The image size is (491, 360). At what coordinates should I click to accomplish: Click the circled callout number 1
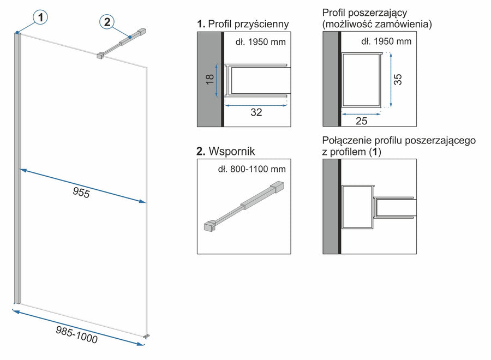(40, 17)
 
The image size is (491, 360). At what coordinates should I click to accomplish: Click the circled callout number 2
(107, 22)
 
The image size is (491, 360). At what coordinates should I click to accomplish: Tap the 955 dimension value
(81, 192)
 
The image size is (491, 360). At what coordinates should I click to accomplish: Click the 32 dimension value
(256, 113)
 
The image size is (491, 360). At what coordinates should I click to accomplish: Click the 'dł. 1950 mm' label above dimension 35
(386, 41)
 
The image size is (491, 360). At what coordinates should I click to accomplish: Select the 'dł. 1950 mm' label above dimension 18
(260, 41)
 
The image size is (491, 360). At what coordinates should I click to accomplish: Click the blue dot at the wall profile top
(18, 33)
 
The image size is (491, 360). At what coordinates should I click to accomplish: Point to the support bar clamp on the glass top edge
(100, 56)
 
